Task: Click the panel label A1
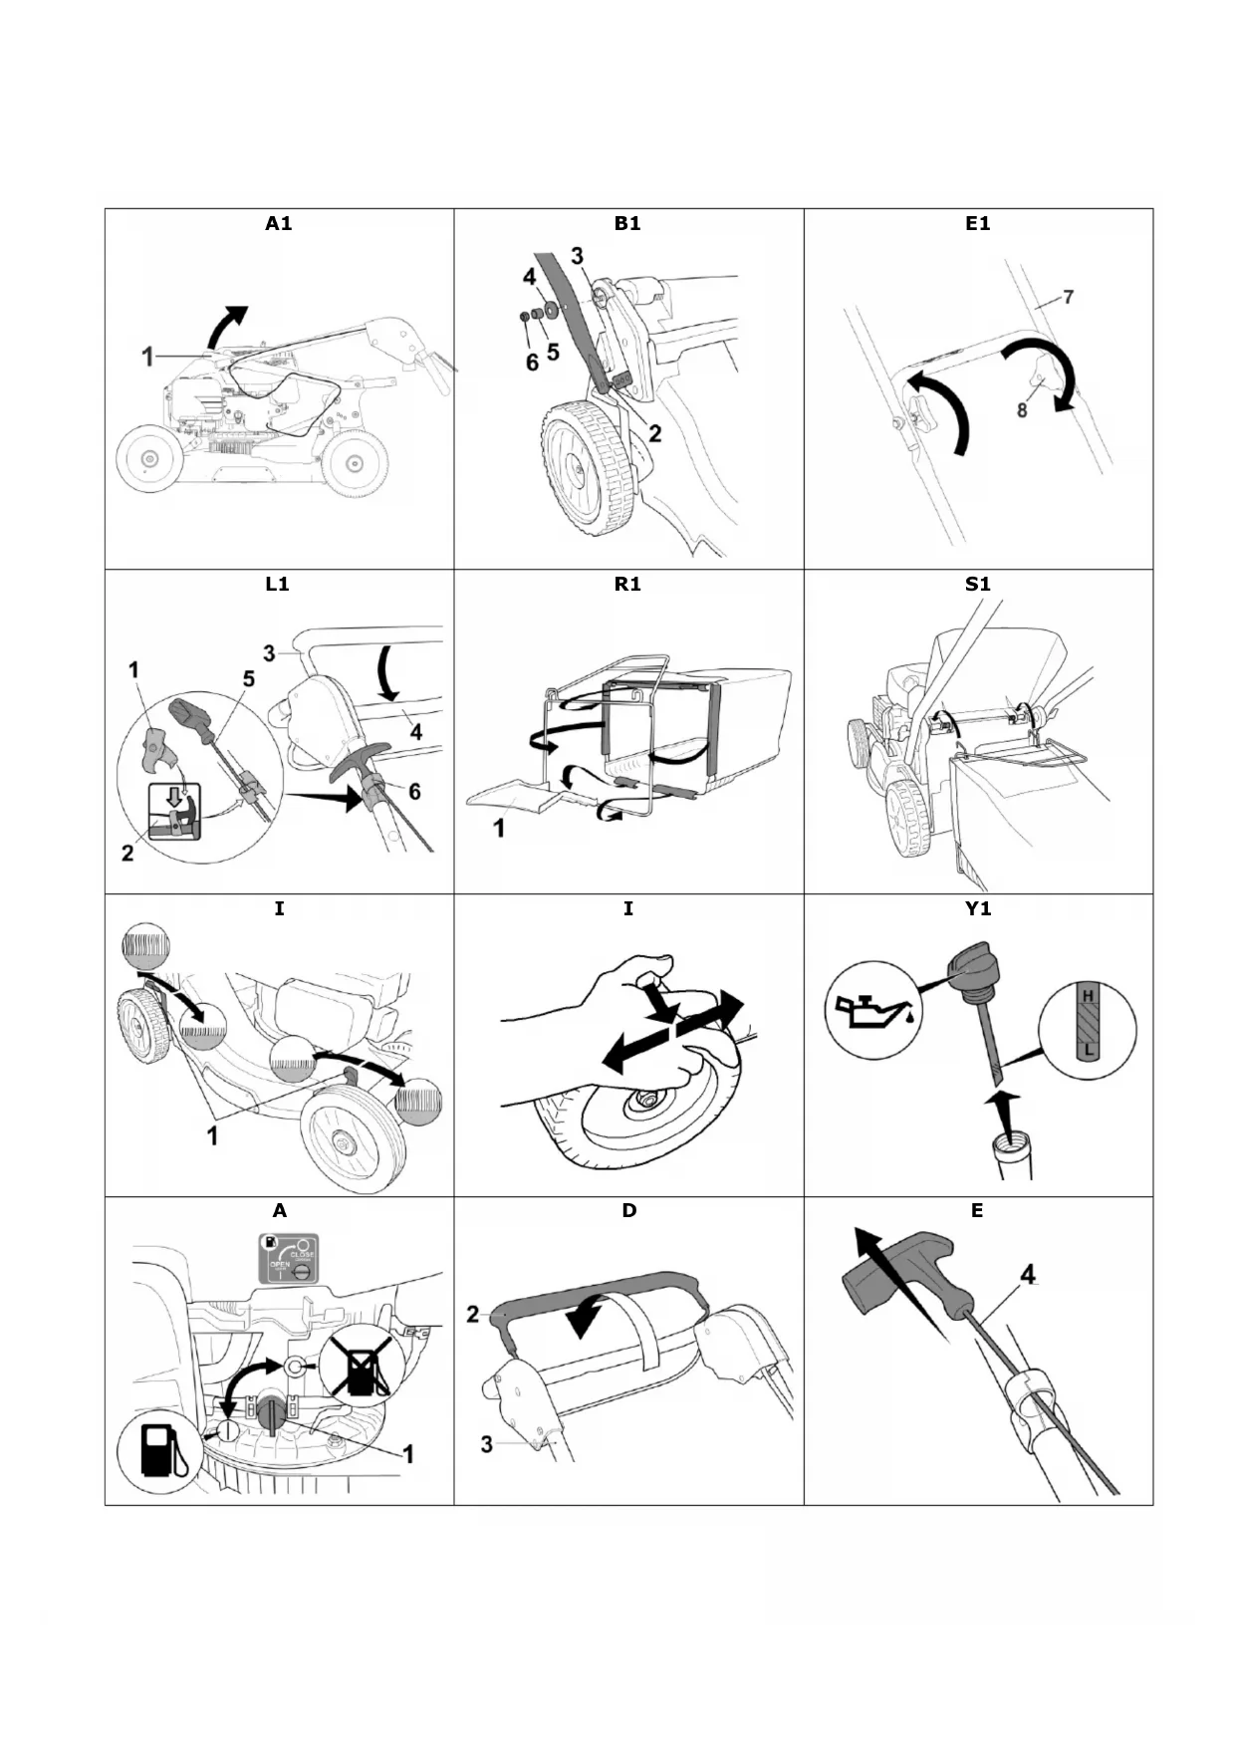point(279,224)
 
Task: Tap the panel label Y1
point(978,908)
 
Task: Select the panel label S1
point(978,585)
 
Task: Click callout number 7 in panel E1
point(1068,297)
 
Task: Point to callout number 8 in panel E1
point(1022,409)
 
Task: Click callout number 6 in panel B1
point(532,363)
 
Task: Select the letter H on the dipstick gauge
point(1088,996)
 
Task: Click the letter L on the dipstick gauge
point(1088,1049)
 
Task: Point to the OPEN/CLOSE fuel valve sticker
point(289,1258)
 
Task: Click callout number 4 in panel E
point(1028,1274)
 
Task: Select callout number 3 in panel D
point(487,1443)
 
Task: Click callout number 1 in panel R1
point(499,828)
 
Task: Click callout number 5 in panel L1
point(248,679)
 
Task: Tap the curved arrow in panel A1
point(227,325)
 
